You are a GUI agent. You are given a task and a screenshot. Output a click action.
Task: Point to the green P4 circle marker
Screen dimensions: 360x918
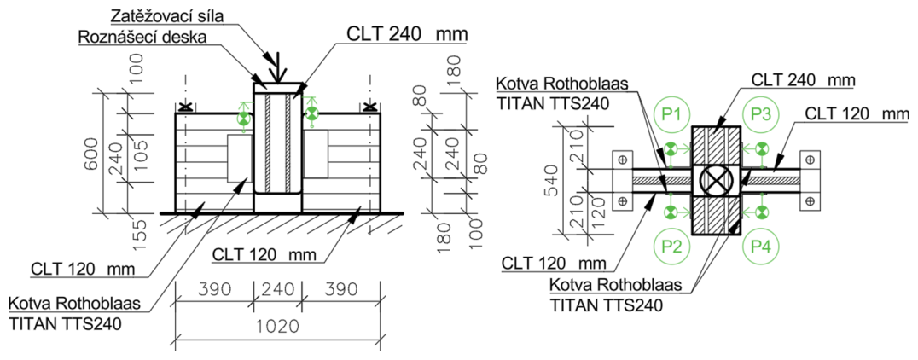pos(760,248)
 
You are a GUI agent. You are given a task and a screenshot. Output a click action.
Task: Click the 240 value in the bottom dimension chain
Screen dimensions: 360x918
pos(277,289)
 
